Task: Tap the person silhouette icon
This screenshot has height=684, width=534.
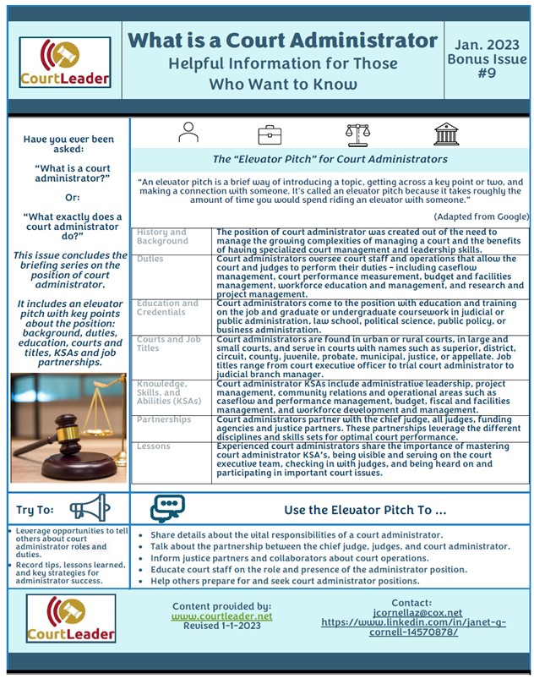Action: click(188, 134)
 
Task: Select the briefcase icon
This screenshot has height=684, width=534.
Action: click(270, 134)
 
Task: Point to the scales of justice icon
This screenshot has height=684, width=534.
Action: click(357, 134)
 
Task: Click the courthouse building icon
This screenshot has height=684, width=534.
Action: click(446, 134)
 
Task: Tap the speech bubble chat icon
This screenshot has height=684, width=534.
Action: click(166, 509)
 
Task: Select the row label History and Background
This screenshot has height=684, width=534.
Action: click(161, 237)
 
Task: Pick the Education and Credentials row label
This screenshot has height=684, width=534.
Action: click(167, 308)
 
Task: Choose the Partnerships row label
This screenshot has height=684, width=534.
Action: click(164, 419)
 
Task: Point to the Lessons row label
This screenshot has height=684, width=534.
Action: click(153, 446)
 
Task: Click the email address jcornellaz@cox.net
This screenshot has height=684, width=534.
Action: click(413, 613)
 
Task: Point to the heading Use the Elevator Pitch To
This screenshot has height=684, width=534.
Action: click(365, 511)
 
